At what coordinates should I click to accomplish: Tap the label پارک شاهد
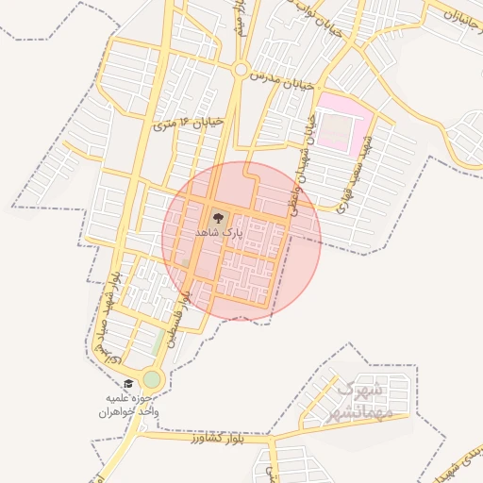click(x=220, y=231)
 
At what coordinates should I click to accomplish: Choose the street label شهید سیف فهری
click(x=357, y=176)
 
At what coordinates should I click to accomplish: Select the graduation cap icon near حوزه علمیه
click(x=128, y=384)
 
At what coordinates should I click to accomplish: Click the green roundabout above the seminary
click(x=152, y=380)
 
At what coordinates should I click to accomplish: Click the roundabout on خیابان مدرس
click(x=241, y=70)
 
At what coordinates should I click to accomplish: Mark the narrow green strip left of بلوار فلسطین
click(x=157, y=343)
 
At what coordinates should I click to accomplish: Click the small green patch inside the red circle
click(x=187, y=262)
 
